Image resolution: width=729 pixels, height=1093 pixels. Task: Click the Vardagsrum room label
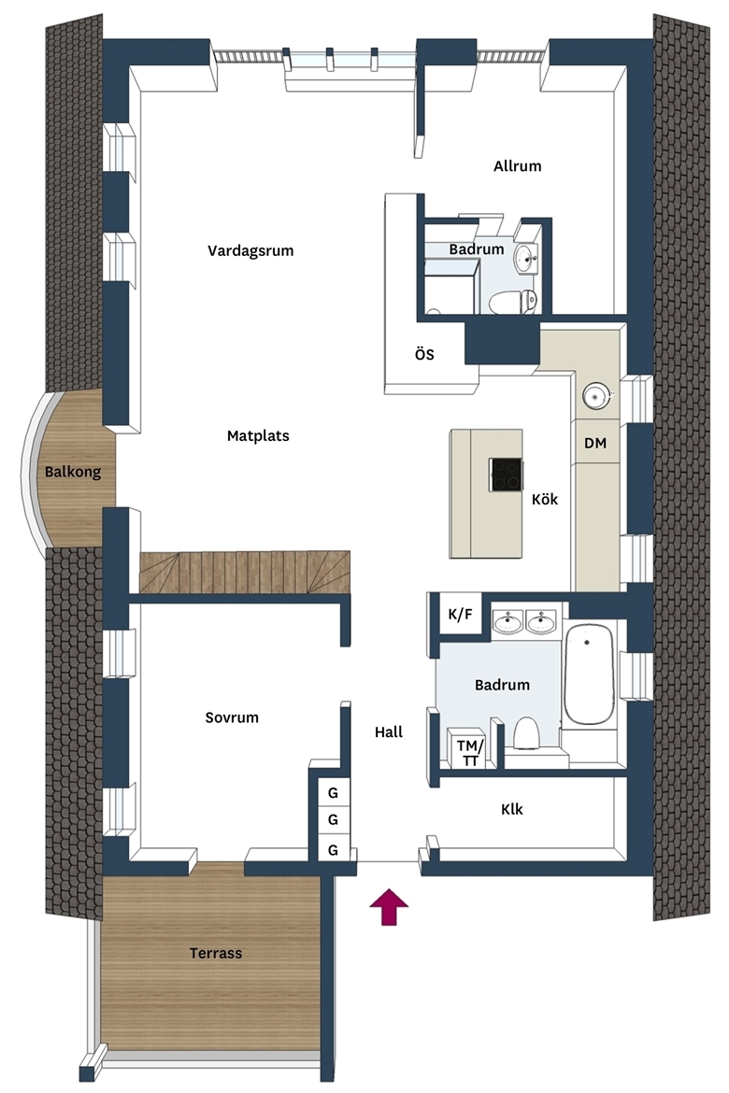[250, 251]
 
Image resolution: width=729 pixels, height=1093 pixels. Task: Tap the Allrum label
[517, 166]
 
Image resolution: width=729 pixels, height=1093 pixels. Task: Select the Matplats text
[258, 435]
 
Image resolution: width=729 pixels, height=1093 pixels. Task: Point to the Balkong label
[73, 473]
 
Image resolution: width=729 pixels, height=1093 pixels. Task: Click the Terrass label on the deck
[216, 953]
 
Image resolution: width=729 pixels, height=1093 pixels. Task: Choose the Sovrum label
[232, 717]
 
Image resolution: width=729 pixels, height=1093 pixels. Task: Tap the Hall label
[389, 731]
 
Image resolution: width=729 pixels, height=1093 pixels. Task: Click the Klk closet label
[511, 809]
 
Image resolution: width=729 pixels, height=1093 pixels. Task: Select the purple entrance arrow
[389, 907]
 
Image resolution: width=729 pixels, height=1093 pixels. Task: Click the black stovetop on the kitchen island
[506, 475]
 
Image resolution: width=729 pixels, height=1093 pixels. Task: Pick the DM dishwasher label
[595, 443]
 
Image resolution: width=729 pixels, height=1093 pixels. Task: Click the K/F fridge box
[460, 614]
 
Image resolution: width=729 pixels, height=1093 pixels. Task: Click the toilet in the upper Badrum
[512, 302]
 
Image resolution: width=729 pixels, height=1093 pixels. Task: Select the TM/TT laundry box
[469, 749]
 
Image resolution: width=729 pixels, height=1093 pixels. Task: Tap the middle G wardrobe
[333, 820]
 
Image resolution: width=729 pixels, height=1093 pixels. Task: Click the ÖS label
[424, 354]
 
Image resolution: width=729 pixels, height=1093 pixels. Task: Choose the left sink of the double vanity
[507, 622]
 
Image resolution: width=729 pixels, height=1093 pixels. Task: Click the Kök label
[544, 499]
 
